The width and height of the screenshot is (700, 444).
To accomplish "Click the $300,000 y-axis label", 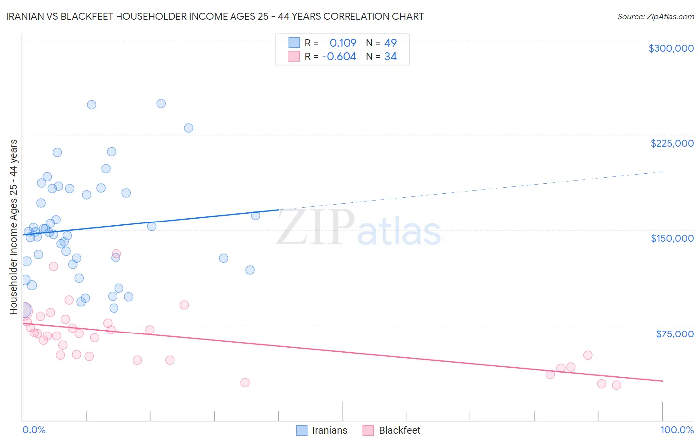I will click(671, 48).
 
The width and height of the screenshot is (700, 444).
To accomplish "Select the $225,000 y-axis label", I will click(672, 143).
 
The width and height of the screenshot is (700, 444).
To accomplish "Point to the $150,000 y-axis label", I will click(672, 238).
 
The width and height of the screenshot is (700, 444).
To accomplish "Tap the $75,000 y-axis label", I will click(674, 333).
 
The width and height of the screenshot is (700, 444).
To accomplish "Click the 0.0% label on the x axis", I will click(34, 430).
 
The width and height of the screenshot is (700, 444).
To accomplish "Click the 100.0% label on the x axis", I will click(677, 430).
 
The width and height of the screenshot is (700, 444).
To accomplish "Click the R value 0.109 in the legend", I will click(343, 43).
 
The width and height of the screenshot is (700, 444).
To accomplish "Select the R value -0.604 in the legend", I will click(339, 57).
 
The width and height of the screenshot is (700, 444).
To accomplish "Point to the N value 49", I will click(390, 43).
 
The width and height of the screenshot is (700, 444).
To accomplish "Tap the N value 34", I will click(390, 57).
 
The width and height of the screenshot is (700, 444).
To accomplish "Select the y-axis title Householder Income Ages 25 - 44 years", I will click(14, 227).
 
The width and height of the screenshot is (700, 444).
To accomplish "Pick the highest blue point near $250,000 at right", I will click(161, 104).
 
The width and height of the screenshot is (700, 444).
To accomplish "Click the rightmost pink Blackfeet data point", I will click(616, 385).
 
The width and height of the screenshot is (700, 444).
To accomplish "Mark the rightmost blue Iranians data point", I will click(256, 216).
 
